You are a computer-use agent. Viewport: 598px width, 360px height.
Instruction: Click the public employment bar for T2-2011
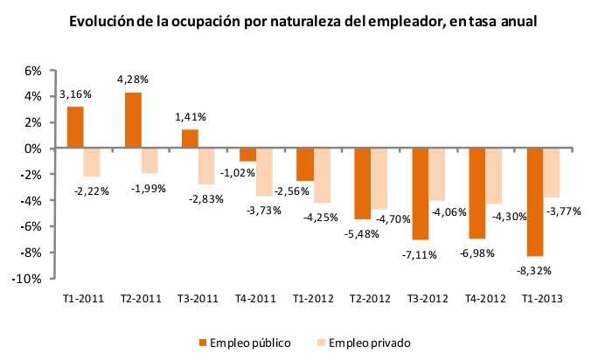tap(133, 121)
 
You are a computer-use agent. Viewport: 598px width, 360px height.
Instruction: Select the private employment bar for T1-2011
tap(92, 163)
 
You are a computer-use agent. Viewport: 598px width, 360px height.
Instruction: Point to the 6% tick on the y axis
tap(32, 71)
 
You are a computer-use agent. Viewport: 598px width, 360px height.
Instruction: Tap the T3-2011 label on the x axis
tap(199, 298)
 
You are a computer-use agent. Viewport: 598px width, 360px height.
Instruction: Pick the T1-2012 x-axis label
tap(313, 298)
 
